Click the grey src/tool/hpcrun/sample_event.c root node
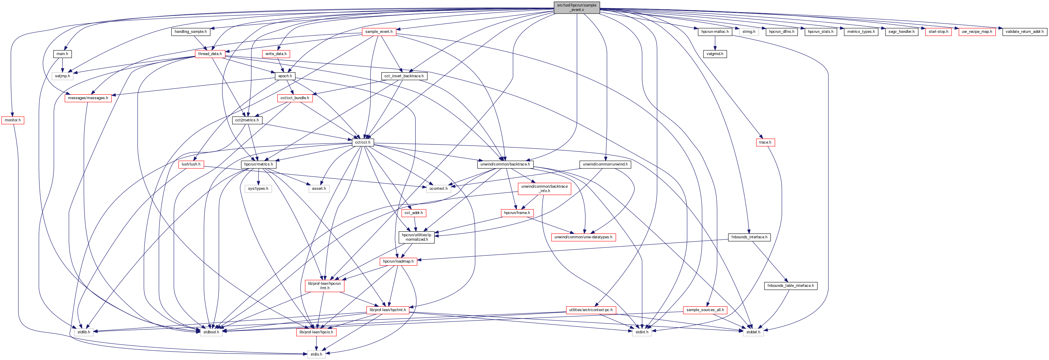[x=577, y=7]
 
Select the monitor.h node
[x=13, y=120]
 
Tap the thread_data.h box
[x=210, y=54]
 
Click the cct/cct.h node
[x=362, y=142]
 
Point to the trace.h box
[x=765, y=142]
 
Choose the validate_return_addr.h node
[x=1024, y=31]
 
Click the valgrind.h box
[x=715, y=54]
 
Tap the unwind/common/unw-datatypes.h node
[x=583, y=237]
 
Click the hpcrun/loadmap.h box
[x=398, y=261]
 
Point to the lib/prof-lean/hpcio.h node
[x=316, y=332]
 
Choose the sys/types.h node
[x=258, y=189]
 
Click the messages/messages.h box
[x=88, y=98]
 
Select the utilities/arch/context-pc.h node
[x=590, y=310]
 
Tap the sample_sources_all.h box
[x=705, y=310]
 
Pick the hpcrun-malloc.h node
[x=715, y=31]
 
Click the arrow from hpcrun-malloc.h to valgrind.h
[x=715, y=43]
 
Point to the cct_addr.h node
[x=413, y=213]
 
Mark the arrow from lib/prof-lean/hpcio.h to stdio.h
[x=316, y=343]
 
